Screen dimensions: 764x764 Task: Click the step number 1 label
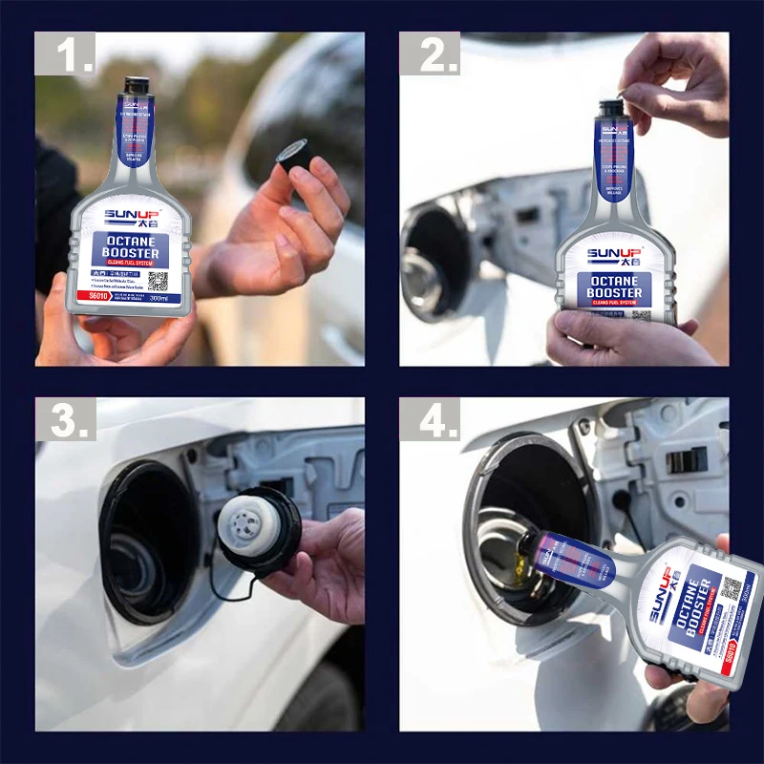pyautogui.click(x=66, y=56)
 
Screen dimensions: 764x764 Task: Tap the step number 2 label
pyautogui.click(x=429, y=56)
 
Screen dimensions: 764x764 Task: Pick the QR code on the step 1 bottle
pyautogui.click(x=158, y=281)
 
